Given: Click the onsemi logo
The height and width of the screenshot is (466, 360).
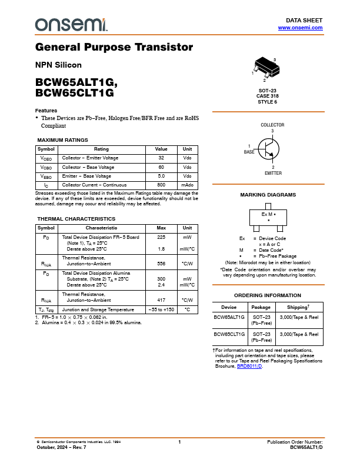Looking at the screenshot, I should point(71,24).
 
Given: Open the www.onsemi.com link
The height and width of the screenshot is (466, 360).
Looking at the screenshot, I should point(300,28).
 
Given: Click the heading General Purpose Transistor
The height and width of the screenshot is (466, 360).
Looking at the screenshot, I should point(114,47).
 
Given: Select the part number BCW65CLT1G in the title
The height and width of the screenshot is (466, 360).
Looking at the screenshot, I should point(75,93).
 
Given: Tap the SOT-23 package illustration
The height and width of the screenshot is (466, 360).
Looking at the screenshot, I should point(267,69).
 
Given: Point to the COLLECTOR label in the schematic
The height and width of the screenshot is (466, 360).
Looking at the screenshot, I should point(272,125).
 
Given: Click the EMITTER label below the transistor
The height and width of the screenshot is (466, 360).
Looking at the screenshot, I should point(273,173).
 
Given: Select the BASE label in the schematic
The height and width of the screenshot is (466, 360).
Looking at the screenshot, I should point(249,152).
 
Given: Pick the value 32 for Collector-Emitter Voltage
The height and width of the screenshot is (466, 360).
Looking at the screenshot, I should point(161,158).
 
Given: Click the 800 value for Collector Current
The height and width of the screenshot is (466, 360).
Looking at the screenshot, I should point(161,185).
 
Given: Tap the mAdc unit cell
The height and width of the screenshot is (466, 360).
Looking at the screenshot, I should point(187,185).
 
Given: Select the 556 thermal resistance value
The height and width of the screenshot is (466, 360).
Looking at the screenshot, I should point(161,264).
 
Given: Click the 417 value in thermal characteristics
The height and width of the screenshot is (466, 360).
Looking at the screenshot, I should point(161,299).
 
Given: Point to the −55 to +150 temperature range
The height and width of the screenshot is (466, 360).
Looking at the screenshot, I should point(161,309).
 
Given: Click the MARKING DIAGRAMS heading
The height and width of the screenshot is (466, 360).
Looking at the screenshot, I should point(268,195).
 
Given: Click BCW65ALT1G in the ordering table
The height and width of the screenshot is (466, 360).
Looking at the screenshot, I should point(229,317).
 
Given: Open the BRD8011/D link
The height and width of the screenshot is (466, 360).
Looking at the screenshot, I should point(249,366).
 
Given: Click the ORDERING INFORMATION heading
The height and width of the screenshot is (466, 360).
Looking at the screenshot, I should point(268,295).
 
